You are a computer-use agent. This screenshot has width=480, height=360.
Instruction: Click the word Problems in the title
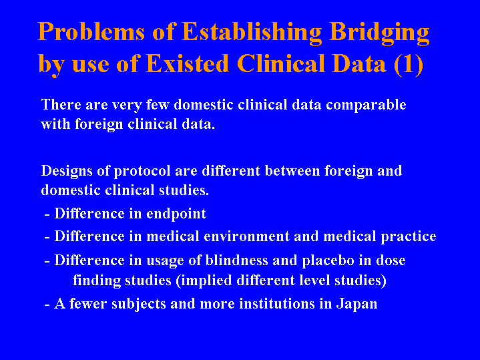91,31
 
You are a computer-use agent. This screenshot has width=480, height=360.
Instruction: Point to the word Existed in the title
187,63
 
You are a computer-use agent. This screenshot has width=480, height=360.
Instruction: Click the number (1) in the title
409,65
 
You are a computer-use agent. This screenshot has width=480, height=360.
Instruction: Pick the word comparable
366,106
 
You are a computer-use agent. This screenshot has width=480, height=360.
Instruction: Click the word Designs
67,171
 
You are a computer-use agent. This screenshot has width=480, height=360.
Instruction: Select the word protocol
142,172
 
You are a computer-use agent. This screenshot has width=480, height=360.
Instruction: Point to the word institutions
277,304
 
